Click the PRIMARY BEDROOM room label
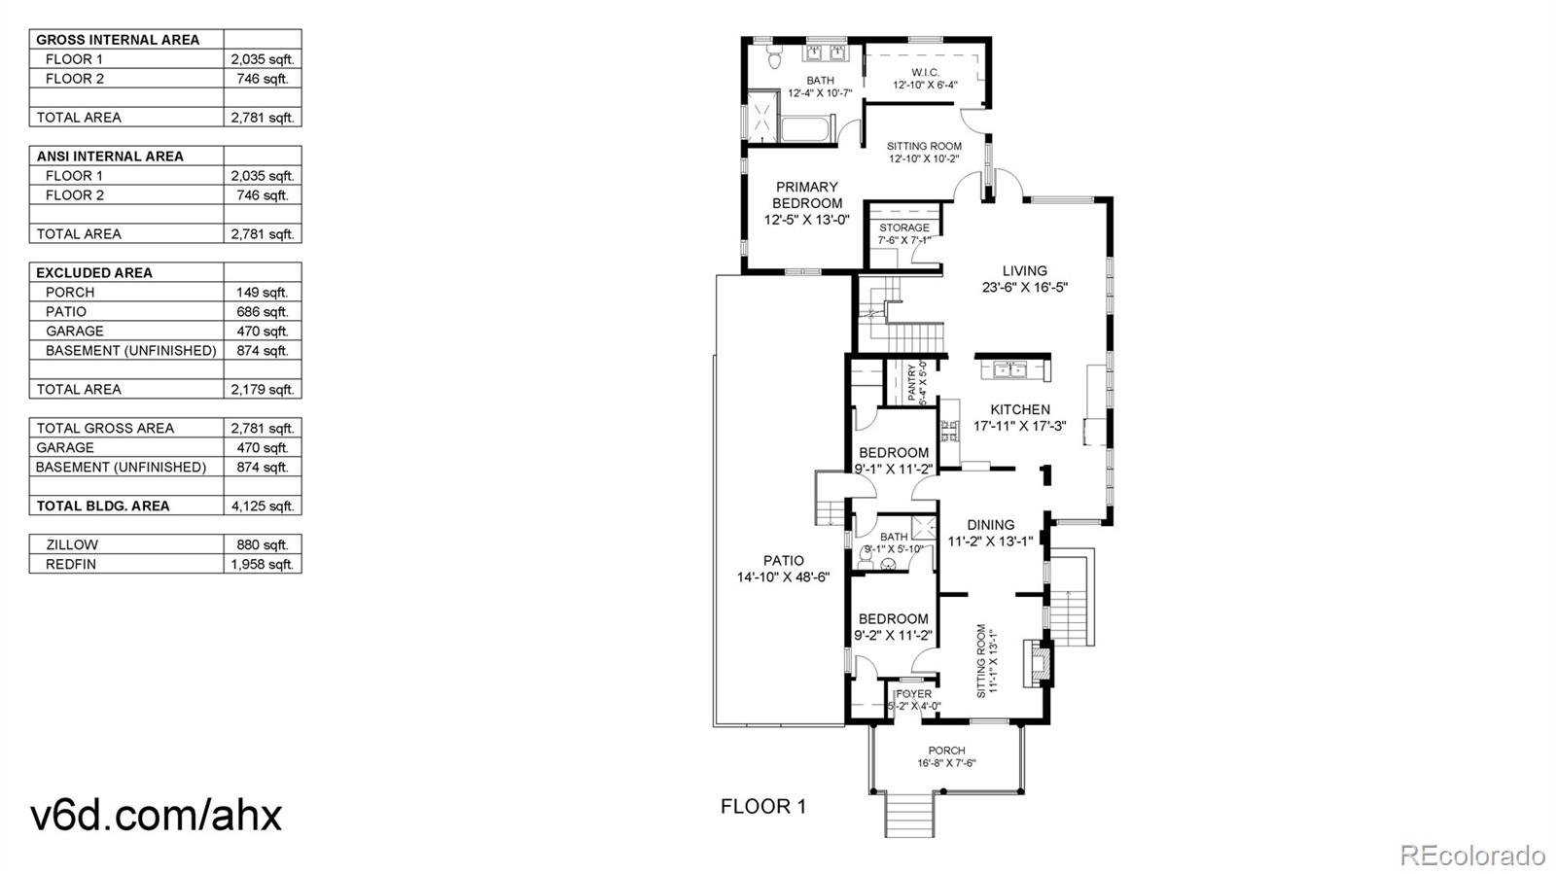coord(806,195)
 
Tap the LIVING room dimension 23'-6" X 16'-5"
coord(1025,288)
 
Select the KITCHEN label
coord(1020,409)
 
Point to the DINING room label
coord(990,525)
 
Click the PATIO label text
coord(783,560)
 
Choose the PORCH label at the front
coord(946,751)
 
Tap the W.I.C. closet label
coord(925,73)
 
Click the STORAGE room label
coord(903,227)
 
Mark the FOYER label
coord(914,693)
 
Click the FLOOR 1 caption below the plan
coord(763,806)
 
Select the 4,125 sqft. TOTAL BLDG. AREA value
coord(262,506)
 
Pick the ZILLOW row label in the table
coord(72,544)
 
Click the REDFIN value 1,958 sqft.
coord(262,564)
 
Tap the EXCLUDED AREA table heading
coord(94,272)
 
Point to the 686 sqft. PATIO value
coord(262,311)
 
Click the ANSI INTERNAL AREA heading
coord(110,156)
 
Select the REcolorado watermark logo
coord(1471,856)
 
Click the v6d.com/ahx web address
coord(157,815)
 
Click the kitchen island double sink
coord(1011,369)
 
